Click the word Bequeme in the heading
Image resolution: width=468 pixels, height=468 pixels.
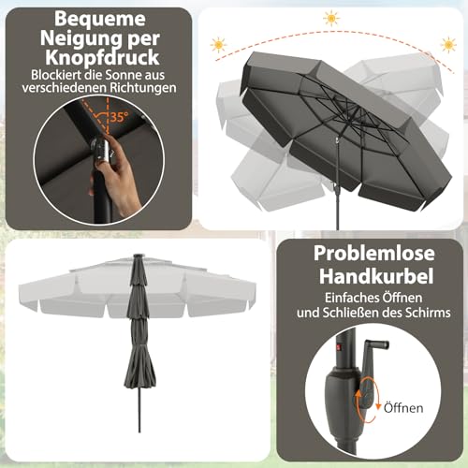(100, 20)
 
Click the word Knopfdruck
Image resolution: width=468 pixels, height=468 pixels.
(102, 57)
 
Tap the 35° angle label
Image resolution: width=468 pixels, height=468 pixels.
(119, 117)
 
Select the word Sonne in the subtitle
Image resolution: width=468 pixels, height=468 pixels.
(121, 75)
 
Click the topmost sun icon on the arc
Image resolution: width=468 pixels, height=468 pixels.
(331, 18)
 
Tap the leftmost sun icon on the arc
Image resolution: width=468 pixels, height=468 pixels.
(218, 45)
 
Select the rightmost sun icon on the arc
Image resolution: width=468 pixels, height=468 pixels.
(448, 45)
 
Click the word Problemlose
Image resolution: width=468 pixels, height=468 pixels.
(374, 254)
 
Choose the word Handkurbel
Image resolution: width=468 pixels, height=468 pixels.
(376, 276)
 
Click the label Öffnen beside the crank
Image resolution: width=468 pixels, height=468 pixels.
(403, 408)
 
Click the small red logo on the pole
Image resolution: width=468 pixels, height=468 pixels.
(340, 346)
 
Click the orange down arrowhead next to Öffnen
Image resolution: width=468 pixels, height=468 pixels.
(378, 406)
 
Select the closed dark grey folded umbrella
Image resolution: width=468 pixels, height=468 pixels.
(139, 321)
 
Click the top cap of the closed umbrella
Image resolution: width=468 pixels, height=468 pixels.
(138, 256)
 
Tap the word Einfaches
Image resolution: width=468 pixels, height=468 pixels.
(349, 298)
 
